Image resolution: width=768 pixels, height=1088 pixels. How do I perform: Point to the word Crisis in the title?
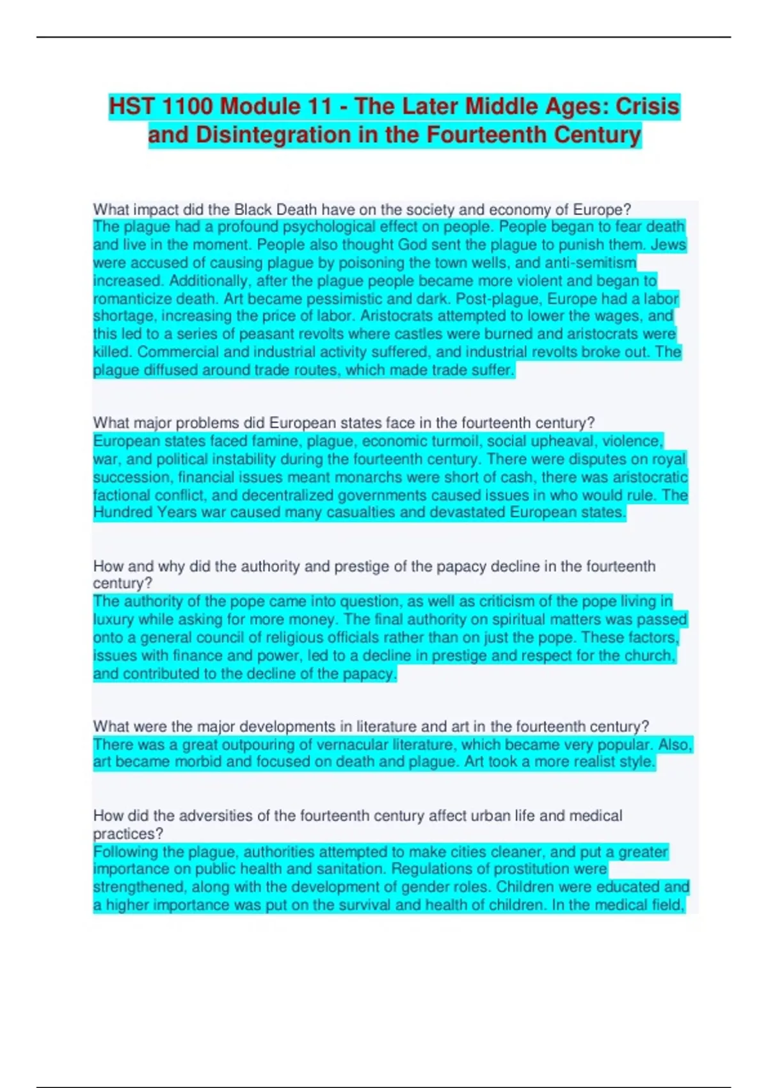(x=647, y=106)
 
